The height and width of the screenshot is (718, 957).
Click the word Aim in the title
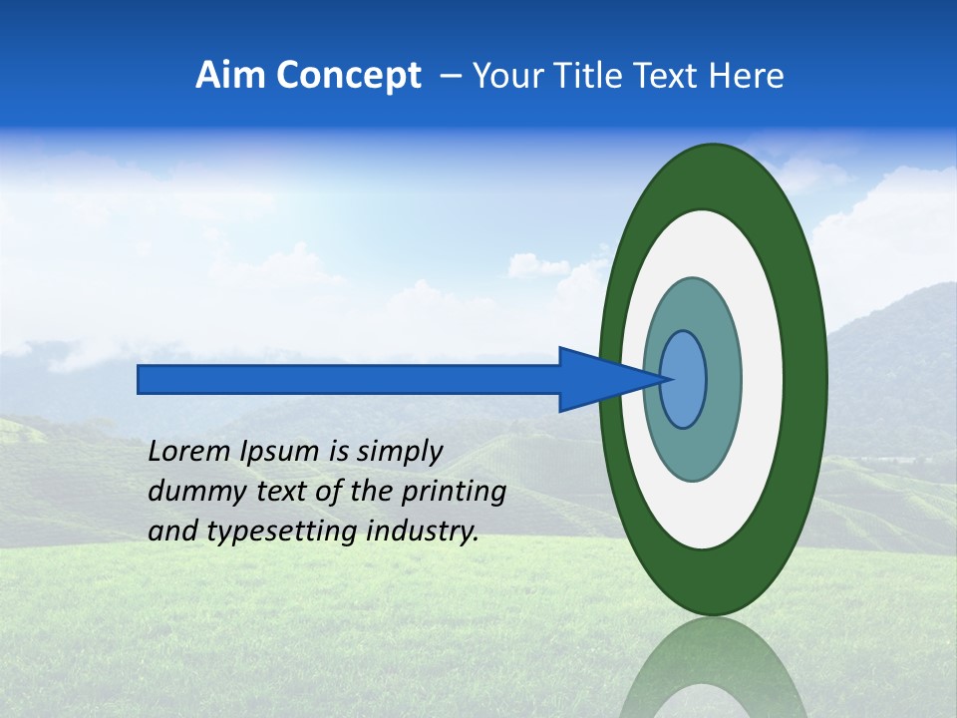tap(230, 76)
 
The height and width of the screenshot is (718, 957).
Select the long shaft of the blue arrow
tap(349, 379)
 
